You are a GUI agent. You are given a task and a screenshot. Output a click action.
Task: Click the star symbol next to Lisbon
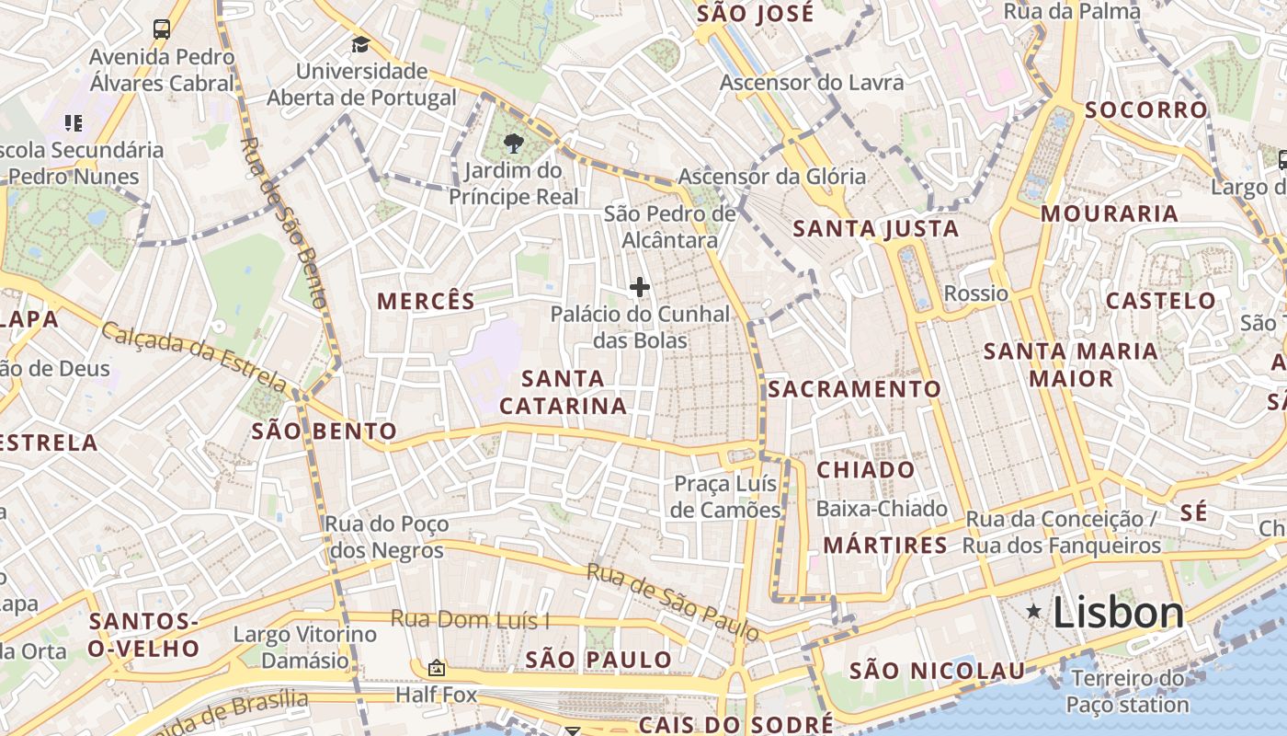(x=1034, y=611)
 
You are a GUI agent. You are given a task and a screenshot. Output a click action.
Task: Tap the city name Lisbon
(x=1118, y=612)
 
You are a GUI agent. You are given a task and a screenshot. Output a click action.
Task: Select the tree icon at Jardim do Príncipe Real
(x=513, y=144)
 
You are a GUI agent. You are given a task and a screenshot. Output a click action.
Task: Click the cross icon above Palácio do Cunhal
(x=640, y=287)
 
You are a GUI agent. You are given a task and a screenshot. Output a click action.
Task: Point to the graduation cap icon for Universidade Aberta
(x=360, y=44)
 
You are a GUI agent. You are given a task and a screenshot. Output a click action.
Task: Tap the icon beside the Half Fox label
(x=437, y=668)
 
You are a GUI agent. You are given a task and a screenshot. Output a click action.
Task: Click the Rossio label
(x=976, y=293)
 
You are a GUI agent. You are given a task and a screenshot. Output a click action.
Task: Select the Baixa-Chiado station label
(x=882, y=509)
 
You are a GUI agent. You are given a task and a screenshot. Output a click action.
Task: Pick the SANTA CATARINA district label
(x=563, y=392)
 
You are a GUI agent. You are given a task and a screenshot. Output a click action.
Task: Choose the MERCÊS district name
(x=427, y=301)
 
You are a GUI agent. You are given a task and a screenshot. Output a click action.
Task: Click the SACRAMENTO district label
(x=855, y=389)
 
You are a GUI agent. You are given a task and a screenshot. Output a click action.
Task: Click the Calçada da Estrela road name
(x=193, y=355)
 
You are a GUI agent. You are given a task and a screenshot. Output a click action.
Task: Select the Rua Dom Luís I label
(x=470, y=619)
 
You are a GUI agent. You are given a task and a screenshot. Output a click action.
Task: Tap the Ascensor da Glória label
(x=771, y=177)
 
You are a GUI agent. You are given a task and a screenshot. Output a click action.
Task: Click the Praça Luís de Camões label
(x=725, y=497)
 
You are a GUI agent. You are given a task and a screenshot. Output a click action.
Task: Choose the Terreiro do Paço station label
(x=1127, y=692)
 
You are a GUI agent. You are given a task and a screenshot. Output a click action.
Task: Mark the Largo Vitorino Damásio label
(x=305, y=647)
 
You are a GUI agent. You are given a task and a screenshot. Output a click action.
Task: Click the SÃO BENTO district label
(x=324, y=431)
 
